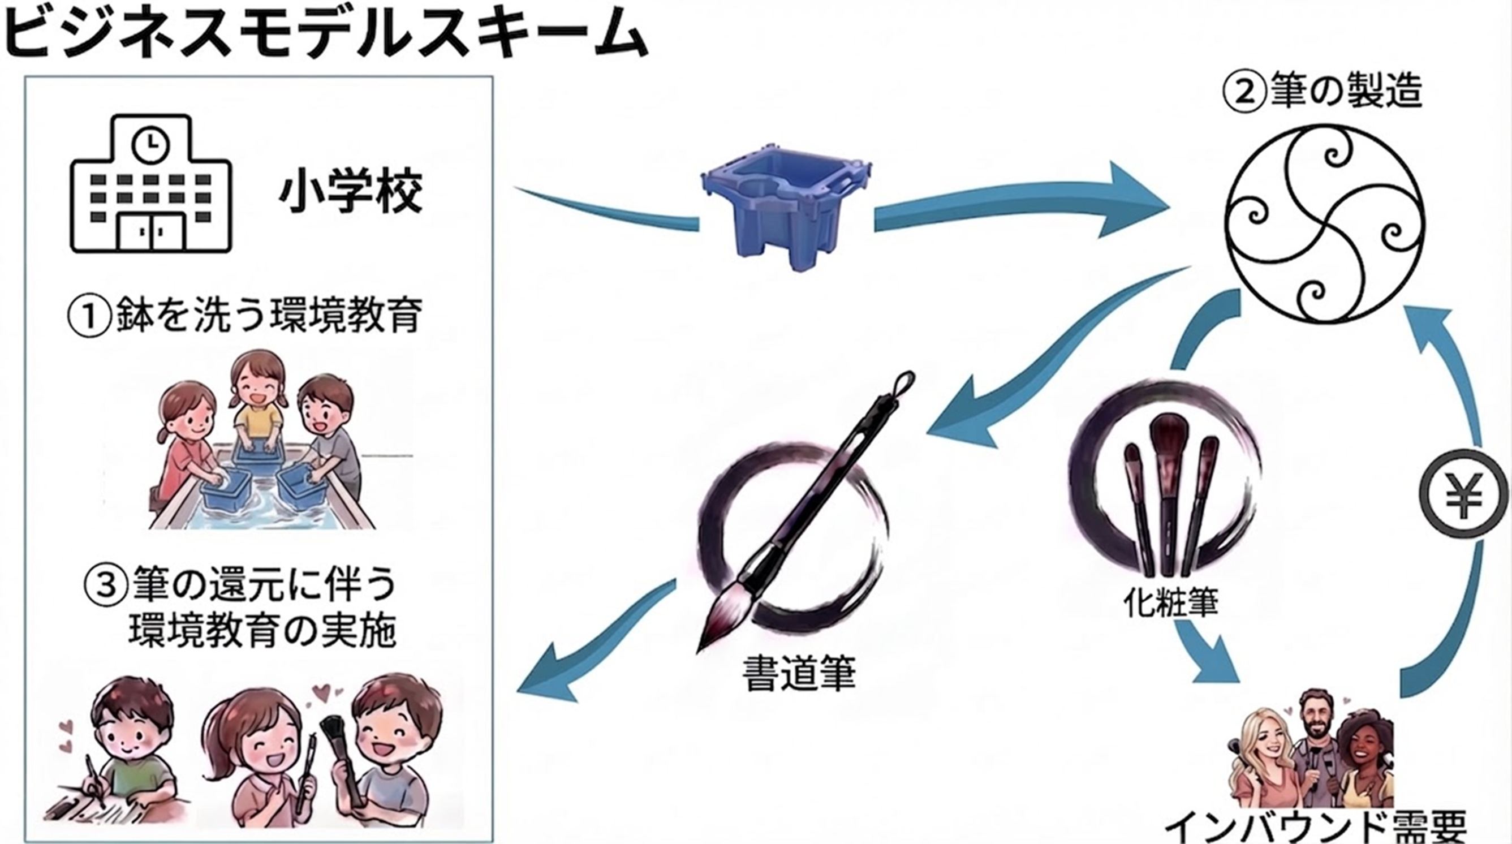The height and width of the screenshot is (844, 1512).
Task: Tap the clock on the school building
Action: [x=151, y=143]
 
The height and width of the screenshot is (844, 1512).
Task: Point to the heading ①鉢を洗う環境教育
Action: [x=245, y=316]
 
